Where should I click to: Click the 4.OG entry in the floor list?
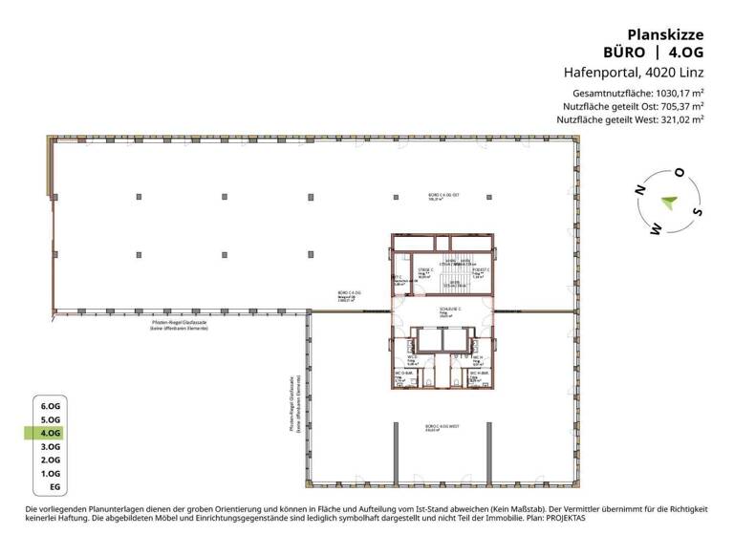click(51, 433)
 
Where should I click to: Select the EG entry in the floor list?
click(54, 487)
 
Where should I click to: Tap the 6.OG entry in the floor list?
click(51, 406)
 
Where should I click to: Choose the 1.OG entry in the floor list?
click(51, 474)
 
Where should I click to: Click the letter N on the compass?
click(639, 191)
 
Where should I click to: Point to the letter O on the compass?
click(680, 173)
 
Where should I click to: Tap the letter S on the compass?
click(698, 212)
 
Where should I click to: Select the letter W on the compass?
click(656, 229)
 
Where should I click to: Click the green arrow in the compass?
click(669, 202)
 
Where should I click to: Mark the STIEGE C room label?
click(424, 270)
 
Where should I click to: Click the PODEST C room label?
click(481, 270)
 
